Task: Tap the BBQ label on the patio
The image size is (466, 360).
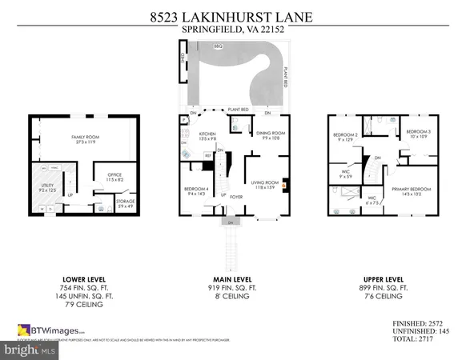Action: [217, 48]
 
